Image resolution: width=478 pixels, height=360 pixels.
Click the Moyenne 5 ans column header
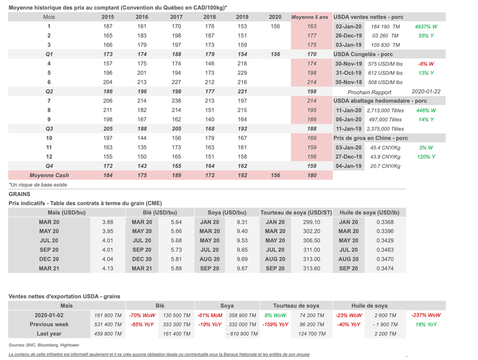tap(309, 17)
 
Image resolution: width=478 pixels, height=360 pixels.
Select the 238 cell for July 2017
tap(176, 101)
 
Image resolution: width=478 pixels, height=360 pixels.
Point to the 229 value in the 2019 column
tap(242, 73)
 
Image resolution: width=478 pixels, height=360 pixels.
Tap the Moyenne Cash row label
tap(49, 176)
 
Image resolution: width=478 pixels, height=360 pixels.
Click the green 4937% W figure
tap(426, 27)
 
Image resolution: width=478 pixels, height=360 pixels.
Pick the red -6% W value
tap(426, 64)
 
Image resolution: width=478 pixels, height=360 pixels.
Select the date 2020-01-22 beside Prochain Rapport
tap(426, 92)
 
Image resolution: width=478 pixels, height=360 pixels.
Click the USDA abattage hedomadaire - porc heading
tap(380, 101)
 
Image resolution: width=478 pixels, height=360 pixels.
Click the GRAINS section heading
tap(19, 194)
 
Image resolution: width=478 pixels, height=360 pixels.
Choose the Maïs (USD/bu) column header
tap(49, 213)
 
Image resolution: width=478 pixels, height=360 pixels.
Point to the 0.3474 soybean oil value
tap(386, 269)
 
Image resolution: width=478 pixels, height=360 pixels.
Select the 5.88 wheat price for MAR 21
tap(176, 269)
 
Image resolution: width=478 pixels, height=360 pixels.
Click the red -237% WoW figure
tap(426, 315)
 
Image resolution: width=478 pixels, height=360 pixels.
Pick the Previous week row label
tap(49, 325)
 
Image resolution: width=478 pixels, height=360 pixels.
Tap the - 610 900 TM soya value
tap(242, 334)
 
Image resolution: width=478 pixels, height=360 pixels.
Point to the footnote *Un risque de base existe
tap(38, 185)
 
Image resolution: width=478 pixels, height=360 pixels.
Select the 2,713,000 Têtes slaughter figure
tap(383, 111)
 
